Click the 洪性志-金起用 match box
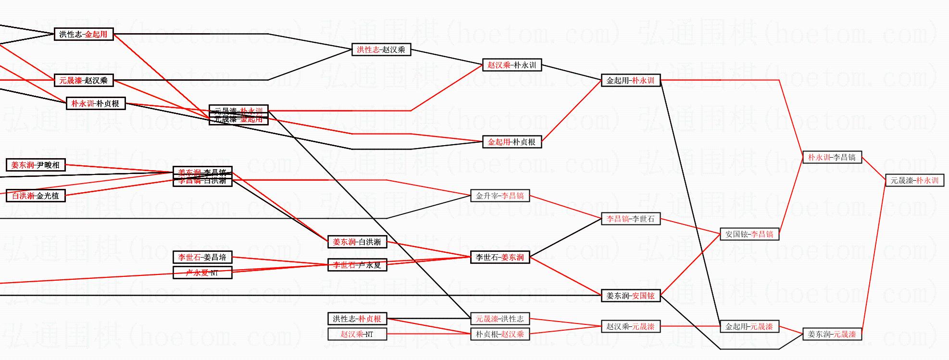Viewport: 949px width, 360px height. (84, 34)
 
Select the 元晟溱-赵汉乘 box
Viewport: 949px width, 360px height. (84, 80)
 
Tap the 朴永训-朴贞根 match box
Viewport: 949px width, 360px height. (95, 103)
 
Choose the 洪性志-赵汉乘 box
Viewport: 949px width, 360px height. (381, 50)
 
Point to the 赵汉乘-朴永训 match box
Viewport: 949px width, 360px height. (512, 65)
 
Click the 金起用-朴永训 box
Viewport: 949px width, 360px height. (631, 80)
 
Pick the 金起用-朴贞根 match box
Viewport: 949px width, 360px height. (512, 142)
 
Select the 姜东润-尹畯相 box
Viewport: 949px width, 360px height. (36, 165)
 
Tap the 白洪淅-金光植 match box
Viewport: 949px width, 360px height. (36, 196)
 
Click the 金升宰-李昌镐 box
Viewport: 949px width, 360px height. (500, 196)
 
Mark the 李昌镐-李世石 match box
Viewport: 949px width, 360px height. (631, 219)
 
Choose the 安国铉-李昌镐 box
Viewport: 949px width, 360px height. (749, 234)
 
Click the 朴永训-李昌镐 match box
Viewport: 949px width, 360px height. (832, 157)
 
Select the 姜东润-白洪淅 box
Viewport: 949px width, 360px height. (357, 242)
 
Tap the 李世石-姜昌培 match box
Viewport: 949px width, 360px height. (202, 257)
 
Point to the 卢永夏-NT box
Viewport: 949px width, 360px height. (202, 273)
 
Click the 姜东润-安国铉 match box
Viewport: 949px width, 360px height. (631, 296)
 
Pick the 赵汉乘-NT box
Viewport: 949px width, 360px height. (357, 334)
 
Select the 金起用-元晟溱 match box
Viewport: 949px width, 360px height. (749, 326)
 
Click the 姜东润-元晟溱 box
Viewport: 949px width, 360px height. (832, 334)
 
